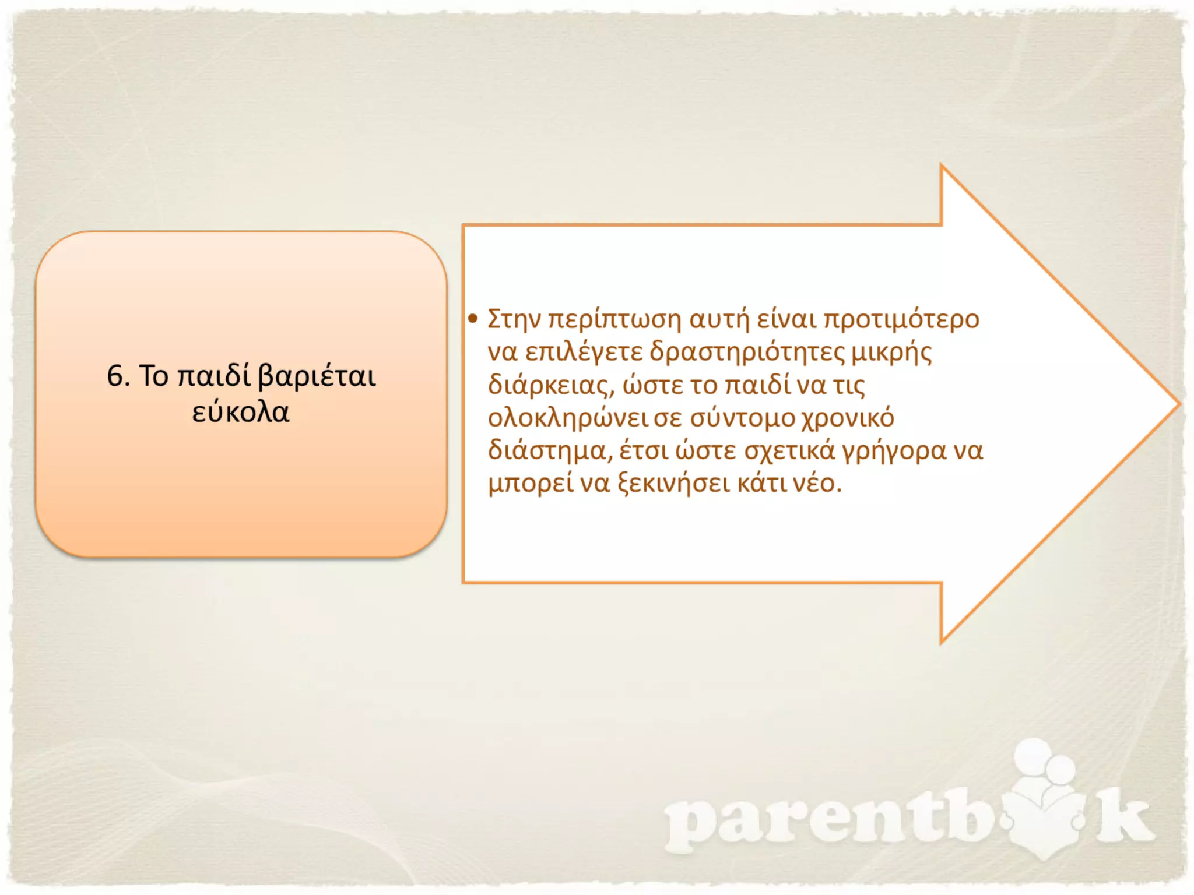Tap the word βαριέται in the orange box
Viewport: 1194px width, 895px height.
coord(317,376)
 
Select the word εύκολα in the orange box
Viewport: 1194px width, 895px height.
coord(241,412)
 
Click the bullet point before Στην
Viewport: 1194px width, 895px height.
coord(473,319)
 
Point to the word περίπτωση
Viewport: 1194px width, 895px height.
coord(614,320)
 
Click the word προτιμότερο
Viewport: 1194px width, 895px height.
coord(901,320)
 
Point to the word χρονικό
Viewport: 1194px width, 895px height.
coord(848,418)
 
